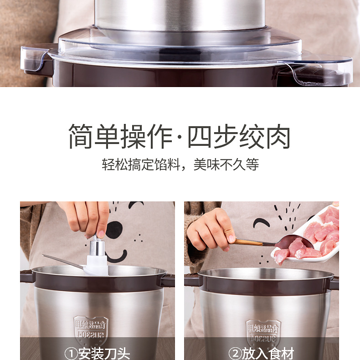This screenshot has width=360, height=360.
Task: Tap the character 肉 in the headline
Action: coord(278,136)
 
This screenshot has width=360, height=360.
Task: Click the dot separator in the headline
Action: coord(180,136)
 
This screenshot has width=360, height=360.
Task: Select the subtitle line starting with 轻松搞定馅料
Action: coord(180,164)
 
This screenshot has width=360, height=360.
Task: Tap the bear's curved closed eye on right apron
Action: coord(261,223)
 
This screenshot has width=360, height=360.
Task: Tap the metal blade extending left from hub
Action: coord(64,262)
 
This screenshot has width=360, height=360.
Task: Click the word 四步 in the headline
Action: coord(213,136)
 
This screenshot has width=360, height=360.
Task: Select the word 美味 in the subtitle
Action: coord(206,164)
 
